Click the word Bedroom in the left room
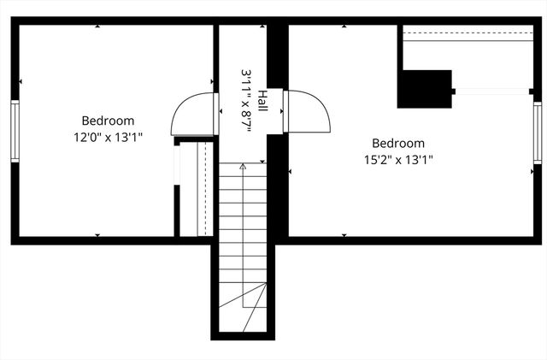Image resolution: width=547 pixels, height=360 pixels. pyautogui.click(x=108, y=121)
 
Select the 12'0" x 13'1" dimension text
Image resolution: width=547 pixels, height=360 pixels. pyautogui.click(x=108, y=136)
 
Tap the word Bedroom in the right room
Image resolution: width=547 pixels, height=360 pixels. pyautogui.click(x=398, y=143)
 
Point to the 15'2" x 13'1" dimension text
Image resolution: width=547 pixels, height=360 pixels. pyautogui.click(x=398, y=158)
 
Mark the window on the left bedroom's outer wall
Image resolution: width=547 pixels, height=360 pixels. pyautogui.click(x=14, y=130)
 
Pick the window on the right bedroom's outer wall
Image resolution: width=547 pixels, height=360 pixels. pyautogui.click(x=537, y=133)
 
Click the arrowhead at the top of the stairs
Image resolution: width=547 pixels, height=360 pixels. pyautogui.click(x=243, y=167)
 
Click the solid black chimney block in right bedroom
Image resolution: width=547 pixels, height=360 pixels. pyautogui.click(x=424, y=89)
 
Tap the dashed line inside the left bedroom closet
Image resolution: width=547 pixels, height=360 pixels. pyautogui.click(x=205, y=188)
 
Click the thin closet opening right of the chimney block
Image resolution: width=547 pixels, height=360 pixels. pyautogui.click(x=489, y=91)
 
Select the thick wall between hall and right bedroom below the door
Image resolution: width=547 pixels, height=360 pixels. pyautogui.click(x=277, y=184)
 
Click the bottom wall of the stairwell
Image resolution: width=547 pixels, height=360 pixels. pyautogui.click(x=245, y=335)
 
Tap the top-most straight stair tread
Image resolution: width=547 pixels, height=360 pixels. pyautogui.click(x=243, y=173)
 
